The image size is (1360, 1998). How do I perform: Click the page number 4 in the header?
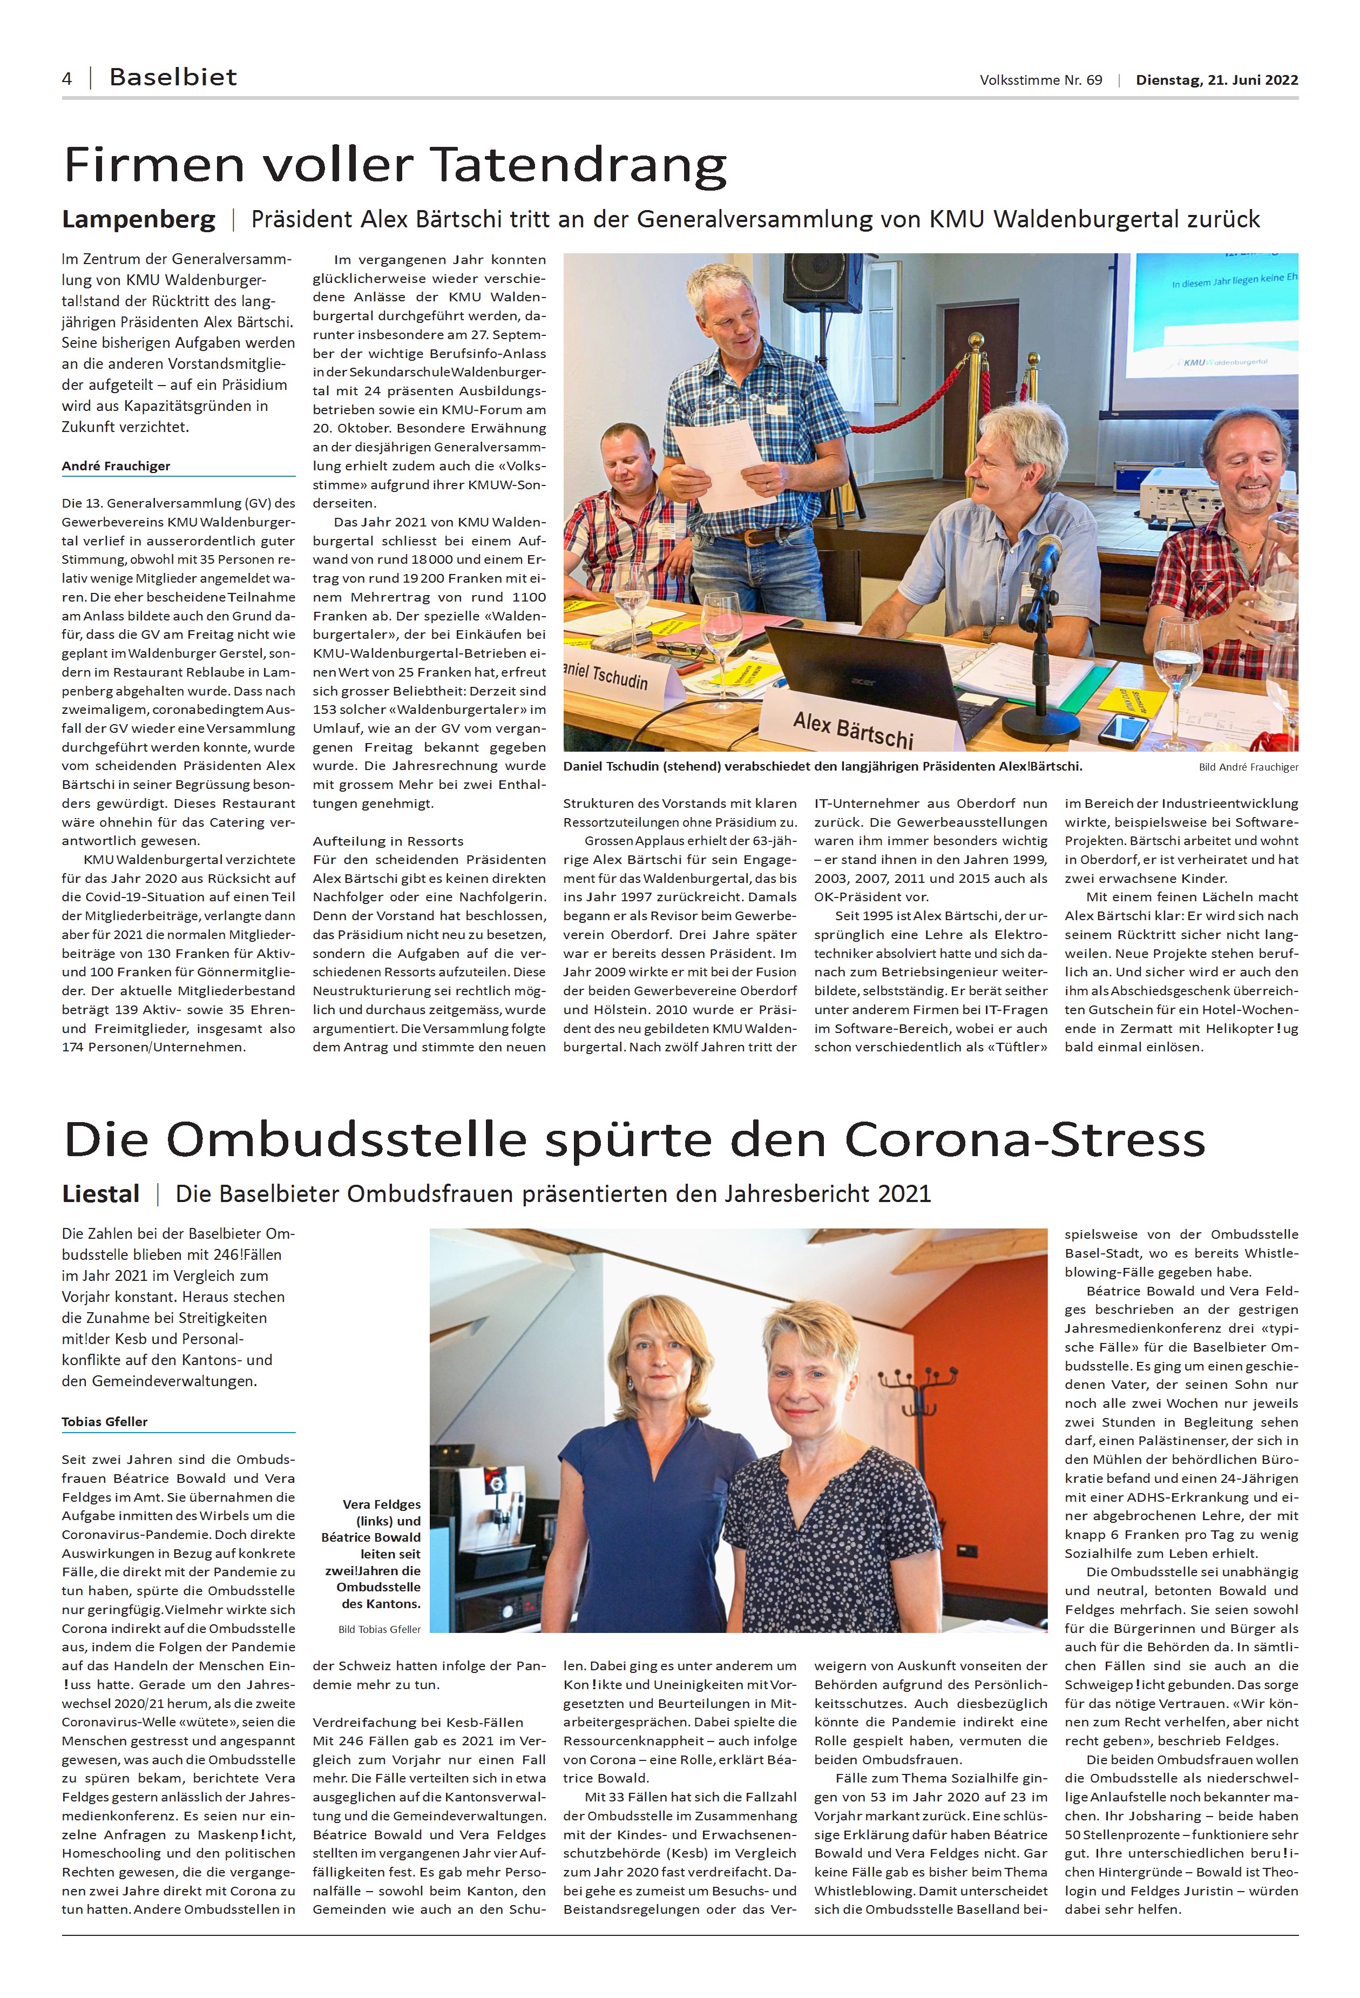pos(67,79)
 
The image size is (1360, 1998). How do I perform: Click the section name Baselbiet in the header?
pos(173,77)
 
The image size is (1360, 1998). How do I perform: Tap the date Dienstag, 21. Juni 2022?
pos(1216,80)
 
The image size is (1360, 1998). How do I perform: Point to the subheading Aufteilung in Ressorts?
pos(388,841)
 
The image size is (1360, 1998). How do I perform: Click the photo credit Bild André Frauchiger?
pos(1248,767)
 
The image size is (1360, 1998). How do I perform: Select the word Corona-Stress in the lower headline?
pos(1025,1140)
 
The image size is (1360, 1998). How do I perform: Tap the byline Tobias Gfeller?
pos(105,1421)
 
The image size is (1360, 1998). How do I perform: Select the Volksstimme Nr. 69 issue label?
pos(1040,80)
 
